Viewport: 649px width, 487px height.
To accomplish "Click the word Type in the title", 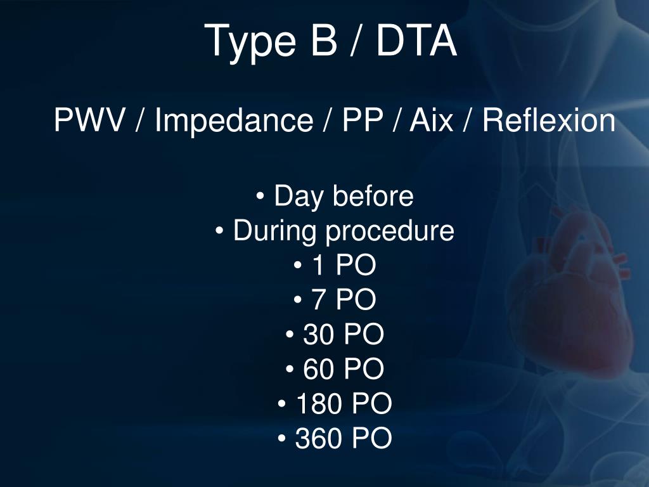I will [251, 42].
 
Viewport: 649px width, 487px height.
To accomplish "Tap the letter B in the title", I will [321, 41].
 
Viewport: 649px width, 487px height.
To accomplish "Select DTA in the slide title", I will [416, 41].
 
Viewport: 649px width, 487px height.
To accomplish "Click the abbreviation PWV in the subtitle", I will [89, 120].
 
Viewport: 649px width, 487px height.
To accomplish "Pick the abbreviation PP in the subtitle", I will [361, 120].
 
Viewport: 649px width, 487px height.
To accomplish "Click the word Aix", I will [431, 120].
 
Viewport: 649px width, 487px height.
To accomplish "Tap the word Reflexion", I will [548, 120].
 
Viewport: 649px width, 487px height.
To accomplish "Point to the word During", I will [276, 231].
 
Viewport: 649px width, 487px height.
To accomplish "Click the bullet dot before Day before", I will [260, 198].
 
